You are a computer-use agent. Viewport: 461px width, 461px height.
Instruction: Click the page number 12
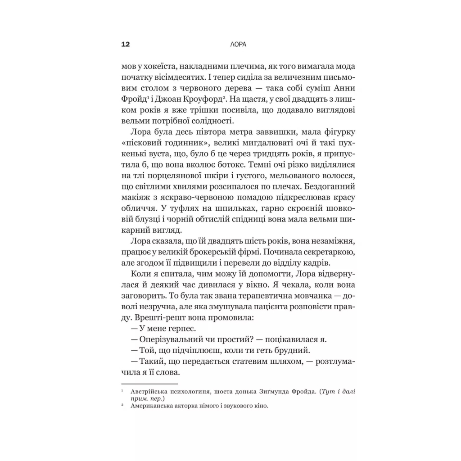(126, 44)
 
